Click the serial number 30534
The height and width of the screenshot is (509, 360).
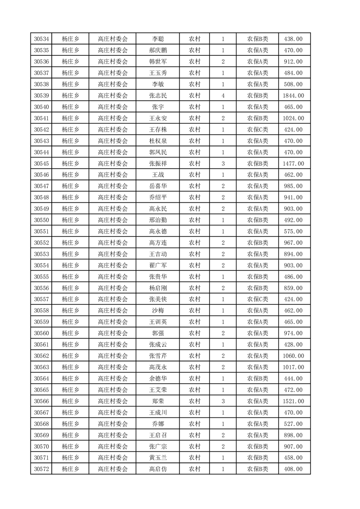click(41, 39)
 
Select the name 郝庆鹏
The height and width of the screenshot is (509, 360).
click(158, 50)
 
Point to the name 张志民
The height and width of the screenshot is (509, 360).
click(158, 96)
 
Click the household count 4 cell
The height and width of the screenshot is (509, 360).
click(223, 96)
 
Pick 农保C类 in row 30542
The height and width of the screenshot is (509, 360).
click(257, 130)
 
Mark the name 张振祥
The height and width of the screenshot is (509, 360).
click(158, 163)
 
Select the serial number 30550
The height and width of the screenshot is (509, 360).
click(41, 220)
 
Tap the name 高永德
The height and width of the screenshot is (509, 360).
click(158, 231)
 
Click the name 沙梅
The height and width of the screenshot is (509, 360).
click(158, 311)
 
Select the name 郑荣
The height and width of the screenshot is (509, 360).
click(158, 401)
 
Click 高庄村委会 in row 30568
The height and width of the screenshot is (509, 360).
click(113, 424)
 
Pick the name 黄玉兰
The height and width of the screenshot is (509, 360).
click(158, 458)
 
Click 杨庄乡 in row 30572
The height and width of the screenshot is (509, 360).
click(70, 469)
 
